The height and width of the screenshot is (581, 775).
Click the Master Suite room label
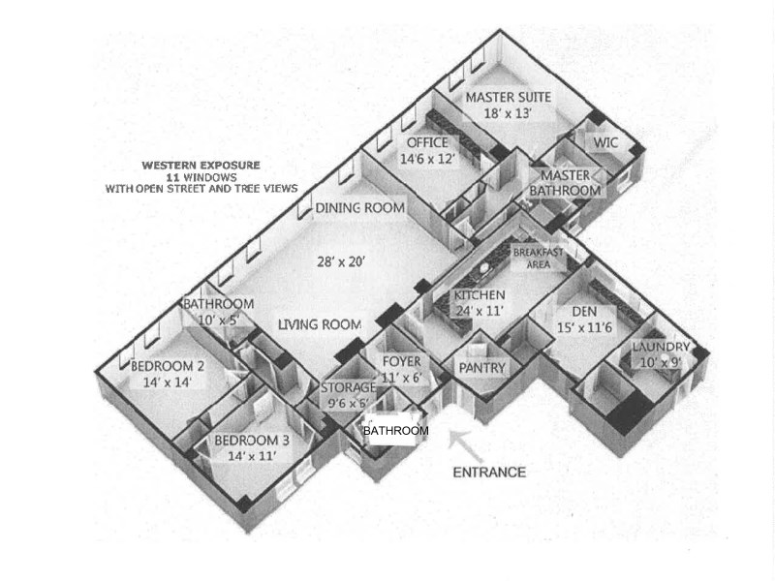(x=509, y=98)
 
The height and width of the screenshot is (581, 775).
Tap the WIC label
(x=606, y=141)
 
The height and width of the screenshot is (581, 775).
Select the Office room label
(x=426, y=144)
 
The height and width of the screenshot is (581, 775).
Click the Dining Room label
(x=359, y=208)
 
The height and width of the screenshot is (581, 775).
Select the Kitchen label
(x=480, y=295)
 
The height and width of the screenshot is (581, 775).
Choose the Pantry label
(x=481, y=368)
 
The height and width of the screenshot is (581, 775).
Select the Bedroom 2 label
(x=167, y=366)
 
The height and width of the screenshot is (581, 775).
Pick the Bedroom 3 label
(x=251, y=441)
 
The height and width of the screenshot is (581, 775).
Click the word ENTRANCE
(x=489, y=473)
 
